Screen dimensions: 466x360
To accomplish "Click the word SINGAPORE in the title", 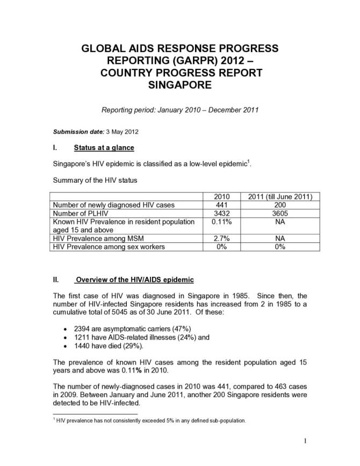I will tap(179, 85).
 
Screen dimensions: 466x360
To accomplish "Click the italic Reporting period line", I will tap(180, 110).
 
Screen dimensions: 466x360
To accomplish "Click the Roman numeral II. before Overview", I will tap(55, 280).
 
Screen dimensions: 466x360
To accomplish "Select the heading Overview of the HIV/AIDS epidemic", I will tap(135, 280).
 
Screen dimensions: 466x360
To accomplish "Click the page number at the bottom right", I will tap(304, 442).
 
